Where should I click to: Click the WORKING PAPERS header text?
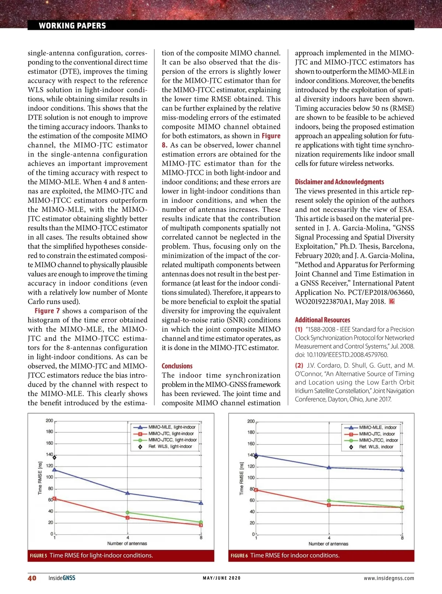click(x=72, y=25)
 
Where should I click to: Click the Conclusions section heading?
click(x=177, y=366)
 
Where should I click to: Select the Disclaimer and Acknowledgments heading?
click(x=339, y=182)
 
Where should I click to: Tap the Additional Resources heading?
click(x=322, y=320)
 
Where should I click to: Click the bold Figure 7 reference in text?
click(x=47, y=311)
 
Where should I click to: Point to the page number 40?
click(x=32, y=578)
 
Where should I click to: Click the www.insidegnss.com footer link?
click(x=389, y=578)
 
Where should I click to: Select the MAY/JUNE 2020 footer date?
click(x=221, y=578)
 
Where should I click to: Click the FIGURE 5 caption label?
click(x=38, y=555)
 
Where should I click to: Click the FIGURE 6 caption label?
click(x=239, y=555)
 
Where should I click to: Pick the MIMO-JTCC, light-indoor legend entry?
click(x=172, y=440)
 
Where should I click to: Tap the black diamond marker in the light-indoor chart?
click(x=55, y=457)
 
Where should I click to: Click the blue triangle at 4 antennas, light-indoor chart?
click(x=128, y=493)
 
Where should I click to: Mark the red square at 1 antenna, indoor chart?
click(x=256, y=490)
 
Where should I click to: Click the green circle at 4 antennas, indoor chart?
click(x=329, y=501)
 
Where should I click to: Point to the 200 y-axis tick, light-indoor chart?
click(x=49, y=421)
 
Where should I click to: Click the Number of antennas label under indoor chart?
click(x=328, y=544)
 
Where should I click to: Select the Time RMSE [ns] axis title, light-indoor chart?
click(x=40, y=478)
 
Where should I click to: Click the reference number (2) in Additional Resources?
click(x=299, y=365)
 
